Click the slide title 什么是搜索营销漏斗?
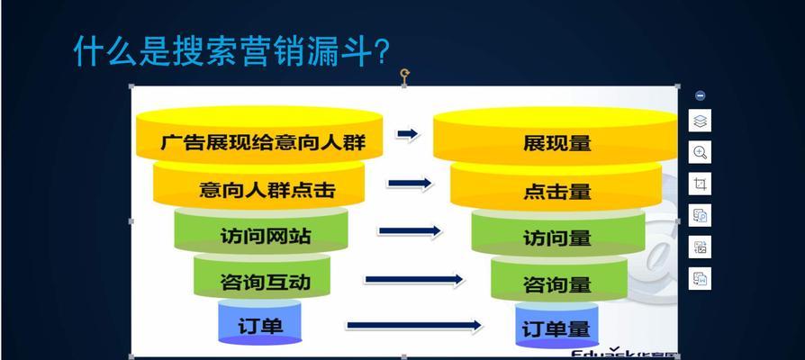coord(231,51)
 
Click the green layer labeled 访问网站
coord(260,237)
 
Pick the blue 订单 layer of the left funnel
coord(262,324)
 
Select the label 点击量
coord(556,191)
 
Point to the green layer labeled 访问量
coord(556,238)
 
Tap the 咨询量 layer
coord(556,284)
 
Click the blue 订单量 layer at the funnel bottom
coord(556,329)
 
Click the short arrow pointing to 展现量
coord(408,134)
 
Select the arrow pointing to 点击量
coord(411,184)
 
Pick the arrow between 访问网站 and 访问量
coord(410,231)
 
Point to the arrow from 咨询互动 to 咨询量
coord(415,280)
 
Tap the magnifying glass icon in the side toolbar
coord(700,152)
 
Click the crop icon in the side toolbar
coord(700,184)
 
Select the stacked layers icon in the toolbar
coord(700,121)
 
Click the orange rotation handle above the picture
coord(404,73)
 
